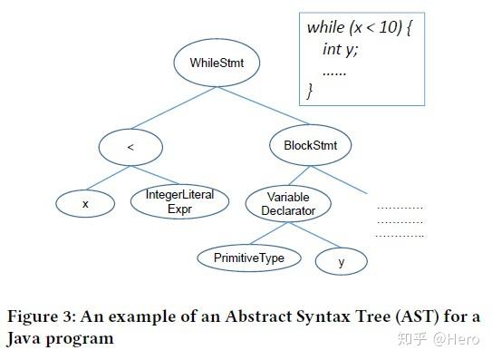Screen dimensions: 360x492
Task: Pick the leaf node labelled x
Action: [x=85, y=204]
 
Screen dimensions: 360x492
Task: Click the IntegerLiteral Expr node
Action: [x=173, y=202]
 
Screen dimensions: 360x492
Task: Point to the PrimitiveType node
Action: [x=248, y=258]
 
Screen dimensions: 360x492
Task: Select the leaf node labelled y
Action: [x=341, y=262]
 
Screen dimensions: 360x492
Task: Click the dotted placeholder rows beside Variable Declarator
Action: [x=399, y=220]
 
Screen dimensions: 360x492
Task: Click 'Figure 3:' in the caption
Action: [x=45, y=317]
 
